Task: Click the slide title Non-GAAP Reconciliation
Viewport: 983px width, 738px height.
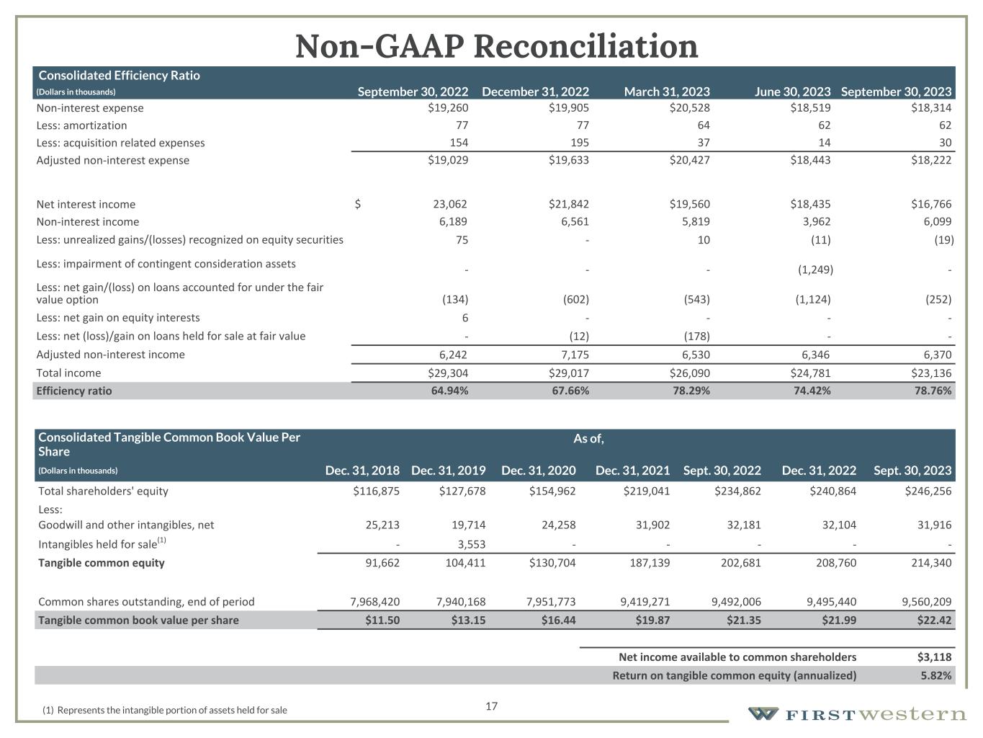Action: [496, 47]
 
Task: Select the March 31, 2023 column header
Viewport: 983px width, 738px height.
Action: [666, 92]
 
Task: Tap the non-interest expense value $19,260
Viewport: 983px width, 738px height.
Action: [448, 108]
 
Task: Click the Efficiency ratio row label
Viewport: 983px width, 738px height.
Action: [74, 391]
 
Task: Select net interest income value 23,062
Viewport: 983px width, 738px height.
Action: [448, 205]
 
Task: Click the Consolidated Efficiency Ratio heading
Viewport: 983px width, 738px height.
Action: [119, 75]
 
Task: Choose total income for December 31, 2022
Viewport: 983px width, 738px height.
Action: [568, 373]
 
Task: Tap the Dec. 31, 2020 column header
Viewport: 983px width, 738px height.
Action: [538, 471]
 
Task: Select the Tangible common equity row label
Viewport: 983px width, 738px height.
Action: [102, 563]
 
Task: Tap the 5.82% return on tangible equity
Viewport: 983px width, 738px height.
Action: [936, 676]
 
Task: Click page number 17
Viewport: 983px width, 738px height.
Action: [492, 706]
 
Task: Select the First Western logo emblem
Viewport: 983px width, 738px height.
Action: [763, 714]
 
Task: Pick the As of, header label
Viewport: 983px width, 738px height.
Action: [588, 438]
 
